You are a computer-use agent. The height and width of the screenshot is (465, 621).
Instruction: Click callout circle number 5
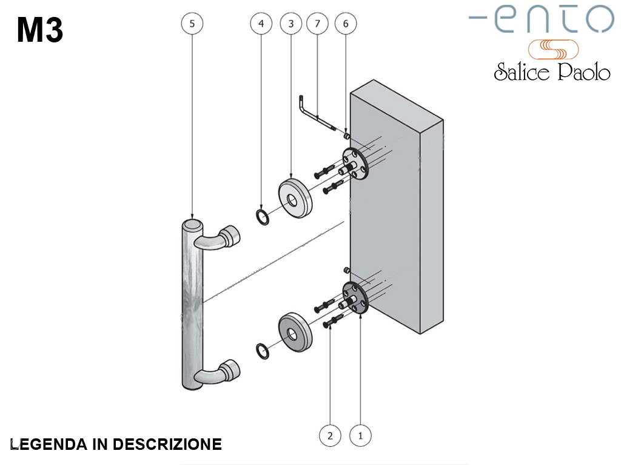click(x=192, y=24)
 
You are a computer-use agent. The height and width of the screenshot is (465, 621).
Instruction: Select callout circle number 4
click(x=261, y=24)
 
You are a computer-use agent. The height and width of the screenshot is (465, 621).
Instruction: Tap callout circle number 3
click(x=291, y=24)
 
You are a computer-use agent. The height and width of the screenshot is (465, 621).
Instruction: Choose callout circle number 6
click(x=346, y=24)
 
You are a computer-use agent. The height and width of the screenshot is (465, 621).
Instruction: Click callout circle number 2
click(x=330, y=435)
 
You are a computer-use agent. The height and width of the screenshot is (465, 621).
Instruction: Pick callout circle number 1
click(x=361, y=435)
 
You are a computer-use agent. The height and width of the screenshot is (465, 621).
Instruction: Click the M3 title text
click(x=40, y=30)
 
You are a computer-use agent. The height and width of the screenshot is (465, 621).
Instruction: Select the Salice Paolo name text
click(x=551, y=72)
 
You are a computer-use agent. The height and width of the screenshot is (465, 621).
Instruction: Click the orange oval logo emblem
click(x=553, y=48)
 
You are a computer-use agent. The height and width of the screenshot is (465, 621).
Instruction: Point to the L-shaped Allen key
click(x=315, y=113)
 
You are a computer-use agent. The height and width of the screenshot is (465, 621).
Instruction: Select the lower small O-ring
click(x=262, y=351)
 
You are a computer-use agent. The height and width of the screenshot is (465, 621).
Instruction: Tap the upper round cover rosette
click(x=295, y=197)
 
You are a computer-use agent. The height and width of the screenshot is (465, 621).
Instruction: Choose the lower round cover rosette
click(x=296, y=332)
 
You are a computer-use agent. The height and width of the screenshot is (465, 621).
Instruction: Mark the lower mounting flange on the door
click(x=355, y=297)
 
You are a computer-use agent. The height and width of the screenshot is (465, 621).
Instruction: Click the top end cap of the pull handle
click(x=192, y=225)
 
